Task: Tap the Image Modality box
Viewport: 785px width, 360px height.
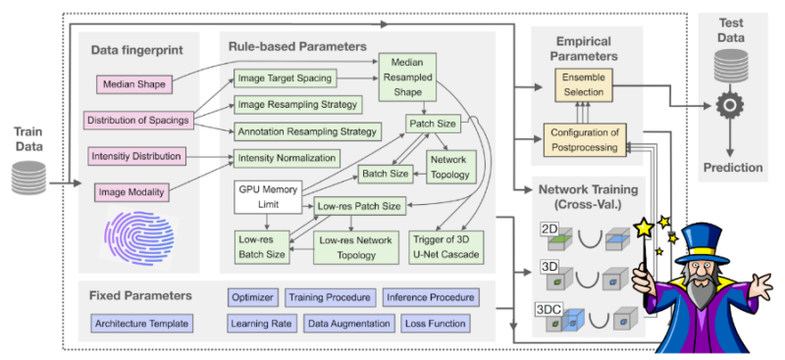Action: [134, 191]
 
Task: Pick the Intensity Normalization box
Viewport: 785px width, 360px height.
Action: [285, 157]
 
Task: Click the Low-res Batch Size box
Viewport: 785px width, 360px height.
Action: [263, 245]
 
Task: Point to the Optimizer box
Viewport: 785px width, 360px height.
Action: [252, 296]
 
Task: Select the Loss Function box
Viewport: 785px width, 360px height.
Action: [438, 323]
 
